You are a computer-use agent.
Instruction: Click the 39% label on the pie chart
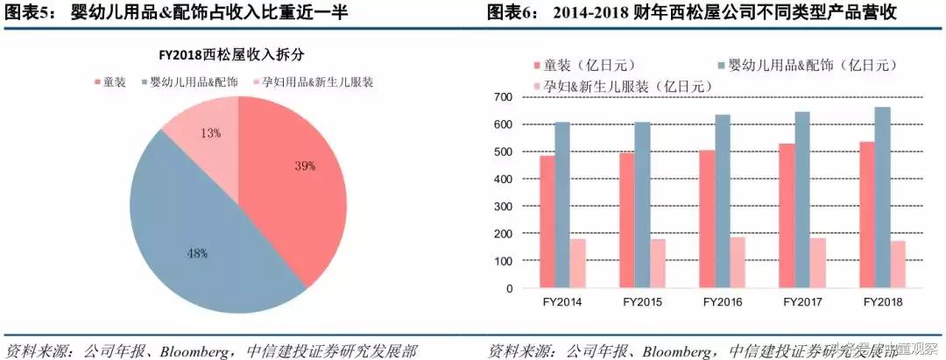point(304,165)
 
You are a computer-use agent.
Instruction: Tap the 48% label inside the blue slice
point(196,253)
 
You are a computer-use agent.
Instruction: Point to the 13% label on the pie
point(210,133)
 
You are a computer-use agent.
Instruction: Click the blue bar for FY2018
point(883,198)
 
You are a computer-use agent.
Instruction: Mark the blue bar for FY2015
point(641,205)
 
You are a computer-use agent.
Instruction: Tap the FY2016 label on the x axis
point(723,302)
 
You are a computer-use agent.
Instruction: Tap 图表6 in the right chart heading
point(513,13)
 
